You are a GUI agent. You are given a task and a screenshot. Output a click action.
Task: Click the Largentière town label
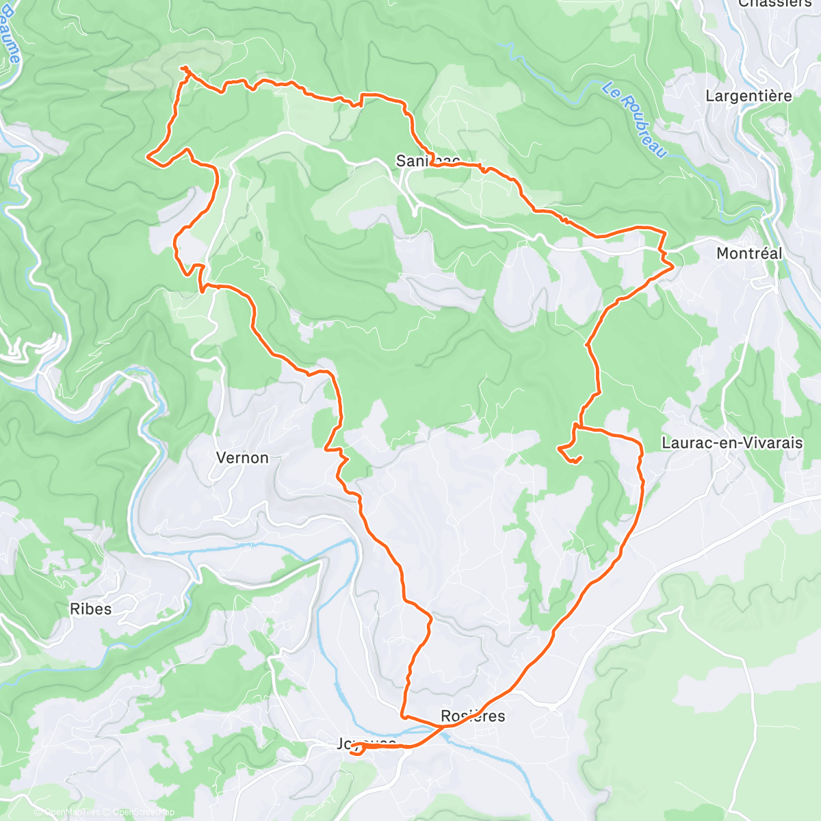click(x=748, y=96)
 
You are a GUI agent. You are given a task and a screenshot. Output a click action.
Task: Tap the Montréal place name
click(x=748, y=253)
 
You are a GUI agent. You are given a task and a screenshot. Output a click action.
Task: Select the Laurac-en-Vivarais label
click(x=732, y=443)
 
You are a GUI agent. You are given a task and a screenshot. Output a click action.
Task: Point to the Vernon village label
click(x=242, y=458)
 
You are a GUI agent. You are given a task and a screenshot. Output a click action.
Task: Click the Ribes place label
click(x=90, y=608)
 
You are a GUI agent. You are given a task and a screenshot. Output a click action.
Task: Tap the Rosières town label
click(x=473, y=716)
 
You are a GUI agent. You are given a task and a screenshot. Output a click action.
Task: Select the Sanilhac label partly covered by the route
click(x=428, y=161)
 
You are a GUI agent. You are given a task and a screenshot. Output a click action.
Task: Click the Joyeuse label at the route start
click(x=366, y=744)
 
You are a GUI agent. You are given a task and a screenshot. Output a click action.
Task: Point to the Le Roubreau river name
click(x=634, y=120)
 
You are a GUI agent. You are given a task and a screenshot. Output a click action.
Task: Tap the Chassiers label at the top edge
click(x=774, y=4)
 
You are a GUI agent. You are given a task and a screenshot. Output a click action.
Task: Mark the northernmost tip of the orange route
click(x=184, y=68)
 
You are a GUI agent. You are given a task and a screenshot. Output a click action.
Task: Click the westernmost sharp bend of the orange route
click(x=148, y=157)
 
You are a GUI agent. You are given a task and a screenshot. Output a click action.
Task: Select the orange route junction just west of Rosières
click(x=404, y=717)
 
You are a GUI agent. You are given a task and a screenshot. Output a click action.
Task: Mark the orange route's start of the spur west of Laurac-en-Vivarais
click(x=576, y=426)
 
